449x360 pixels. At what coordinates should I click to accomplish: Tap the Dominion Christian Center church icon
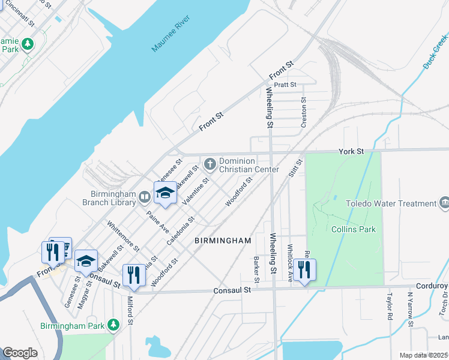point(210,163)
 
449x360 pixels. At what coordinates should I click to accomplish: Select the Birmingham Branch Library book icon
point(145,197)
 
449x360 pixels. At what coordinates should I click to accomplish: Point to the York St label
point(352,152)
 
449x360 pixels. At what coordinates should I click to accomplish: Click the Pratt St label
point(285,85)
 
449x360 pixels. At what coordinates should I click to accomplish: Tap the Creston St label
point(304,112)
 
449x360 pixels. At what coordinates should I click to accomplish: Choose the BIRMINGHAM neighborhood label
point(223,241)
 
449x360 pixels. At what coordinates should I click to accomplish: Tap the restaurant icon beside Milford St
point(134,275)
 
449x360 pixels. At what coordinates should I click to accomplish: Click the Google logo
point(20,353)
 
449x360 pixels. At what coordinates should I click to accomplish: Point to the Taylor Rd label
point(389,308)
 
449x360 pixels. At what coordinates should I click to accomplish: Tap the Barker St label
point(256,271)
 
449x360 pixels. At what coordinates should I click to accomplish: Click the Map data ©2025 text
point(423,355)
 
